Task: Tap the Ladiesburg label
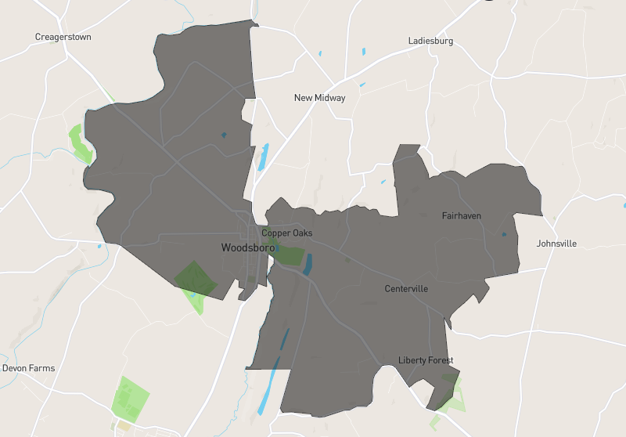(x=430, y=41)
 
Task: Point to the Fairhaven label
(x=462, y=215)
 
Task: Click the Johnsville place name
(x=556, y=244)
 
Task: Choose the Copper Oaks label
(x=286, y=233)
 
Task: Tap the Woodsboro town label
(x=247, y=247)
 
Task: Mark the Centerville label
(x=406, y=289)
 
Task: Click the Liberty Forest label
(x=426, y=360)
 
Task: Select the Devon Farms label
(x=28, y=368)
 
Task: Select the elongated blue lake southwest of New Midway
(x=264, y=156)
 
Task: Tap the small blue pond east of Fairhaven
(x=503, y=234)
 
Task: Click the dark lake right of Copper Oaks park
(x=308, y=264)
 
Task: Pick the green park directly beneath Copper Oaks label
(x=290, y=255)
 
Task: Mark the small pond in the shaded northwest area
(x=224, y=135)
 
